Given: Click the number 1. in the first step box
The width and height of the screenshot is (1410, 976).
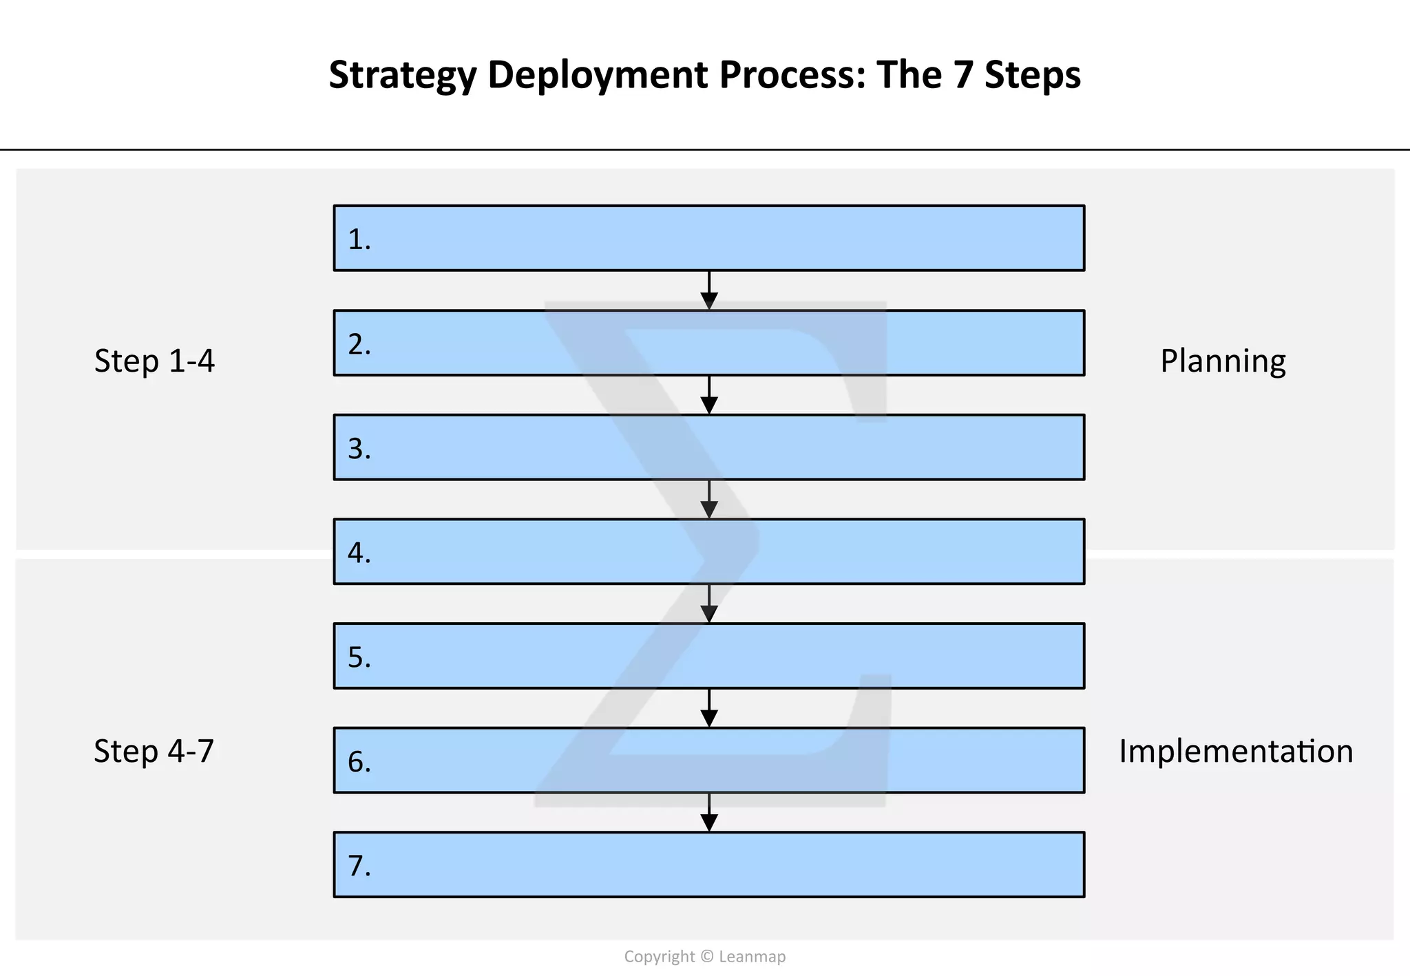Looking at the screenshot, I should point(359,240).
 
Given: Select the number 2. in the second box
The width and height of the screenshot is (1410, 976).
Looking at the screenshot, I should point(359,344).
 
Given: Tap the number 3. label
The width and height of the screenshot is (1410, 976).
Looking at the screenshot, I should point(359,449).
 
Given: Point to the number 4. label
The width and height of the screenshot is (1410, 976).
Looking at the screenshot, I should point(359,553).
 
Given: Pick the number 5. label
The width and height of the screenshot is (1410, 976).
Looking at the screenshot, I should point(359,658).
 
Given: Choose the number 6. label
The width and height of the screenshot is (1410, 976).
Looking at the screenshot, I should point(359,762).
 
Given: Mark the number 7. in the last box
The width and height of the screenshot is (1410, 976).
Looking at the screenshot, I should point(359,866).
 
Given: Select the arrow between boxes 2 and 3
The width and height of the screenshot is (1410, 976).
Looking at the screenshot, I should point(709,396).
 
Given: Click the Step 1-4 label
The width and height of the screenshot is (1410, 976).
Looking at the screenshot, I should point(154,361).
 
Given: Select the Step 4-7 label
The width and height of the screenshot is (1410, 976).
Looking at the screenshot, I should point(154,751).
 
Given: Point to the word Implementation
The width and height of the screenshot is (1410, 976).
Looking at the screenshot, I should point(1236,751).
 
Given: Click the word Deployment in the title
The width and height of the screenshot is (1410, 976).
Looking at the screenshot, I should point(598,76).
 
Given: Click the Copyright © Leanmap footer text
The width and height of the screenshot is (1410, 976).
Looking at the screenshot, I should point(704,957).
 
